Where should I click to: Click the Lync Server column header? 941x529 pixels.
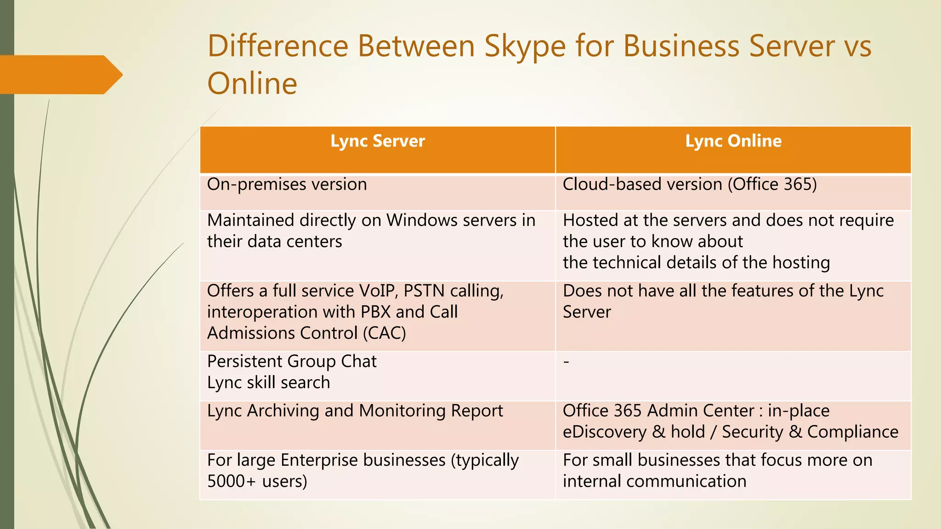point(378,141)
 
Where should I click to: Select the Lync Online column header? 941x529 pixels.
point(733,141)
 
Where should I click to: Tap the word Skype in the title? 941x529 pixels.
point(525,46)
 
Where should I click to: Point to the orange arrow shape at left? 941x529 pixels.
point(60,75)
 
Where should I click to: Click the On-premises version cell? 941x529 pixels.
point(287,185)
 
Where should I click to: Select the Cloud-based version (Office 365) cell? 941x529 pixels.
point(690,185)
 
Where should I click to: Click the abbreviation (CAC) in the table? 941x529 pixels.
point(384,333)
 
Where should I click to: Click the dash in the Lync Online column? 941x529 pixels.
point(567,362)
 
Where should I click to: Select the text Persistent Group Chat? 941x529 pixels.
point(292,361)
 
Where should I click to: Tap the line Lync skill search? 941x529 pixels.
point(268,383)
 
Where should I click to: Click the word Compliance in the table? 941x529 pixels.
point(852,432)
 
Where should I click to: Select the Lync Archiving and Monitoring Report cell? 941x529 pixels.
point(355,411)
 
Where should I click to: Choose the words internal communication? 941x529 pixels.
point(654,481)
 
